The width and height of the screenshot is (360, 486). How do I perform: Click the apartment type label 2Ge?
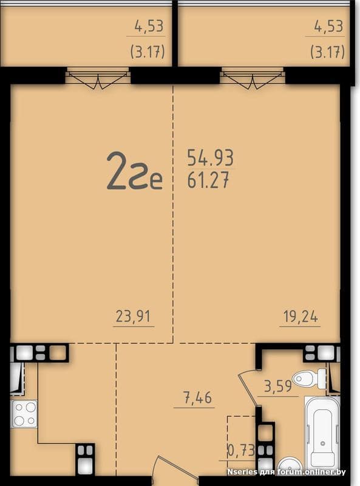[134, 171]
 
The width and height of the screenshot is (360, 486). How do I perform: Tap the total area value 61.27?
[208, 180]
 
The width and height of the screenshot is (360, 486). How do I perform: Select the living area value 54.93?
[211, 157]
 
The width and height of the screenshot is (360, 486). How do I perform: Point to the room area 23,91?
[133, 317]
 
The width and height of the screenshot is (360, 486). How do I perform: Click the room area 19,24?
[301, 317]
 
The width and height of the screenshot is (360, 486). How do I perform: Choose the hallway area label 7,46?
[197, 398]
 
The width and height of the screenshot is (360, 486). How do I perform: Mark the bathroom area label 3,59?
[277, 386]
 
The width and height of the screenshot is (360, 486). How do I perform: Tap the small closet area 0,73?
[242, 450]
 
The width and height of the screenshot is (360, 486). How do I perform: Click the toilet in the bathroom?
[309, 378]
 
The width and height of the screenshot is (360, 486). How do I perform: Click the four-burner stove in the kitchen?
[24, 414]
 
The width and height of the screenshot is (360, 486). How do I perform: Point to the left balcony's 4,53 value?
[149, 26]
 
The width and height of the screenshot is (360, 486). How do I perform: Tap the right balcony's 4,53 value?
[328, 26]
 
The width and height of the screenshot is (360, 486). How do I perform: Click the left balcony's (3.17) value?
[148, 52]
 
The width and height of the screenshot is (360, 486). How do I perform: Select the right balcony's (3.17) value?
[327, 52]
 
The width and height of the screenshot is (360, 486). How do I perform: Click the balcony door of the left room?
[98, 78]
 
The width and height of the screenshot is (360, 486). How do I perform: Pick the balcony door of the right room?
[253, 78]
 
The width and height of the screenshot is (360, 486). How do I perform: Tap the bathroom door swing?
[248, 388]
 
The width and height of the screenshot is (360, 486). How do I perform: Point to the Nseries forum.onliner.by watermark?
[287, 472]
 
